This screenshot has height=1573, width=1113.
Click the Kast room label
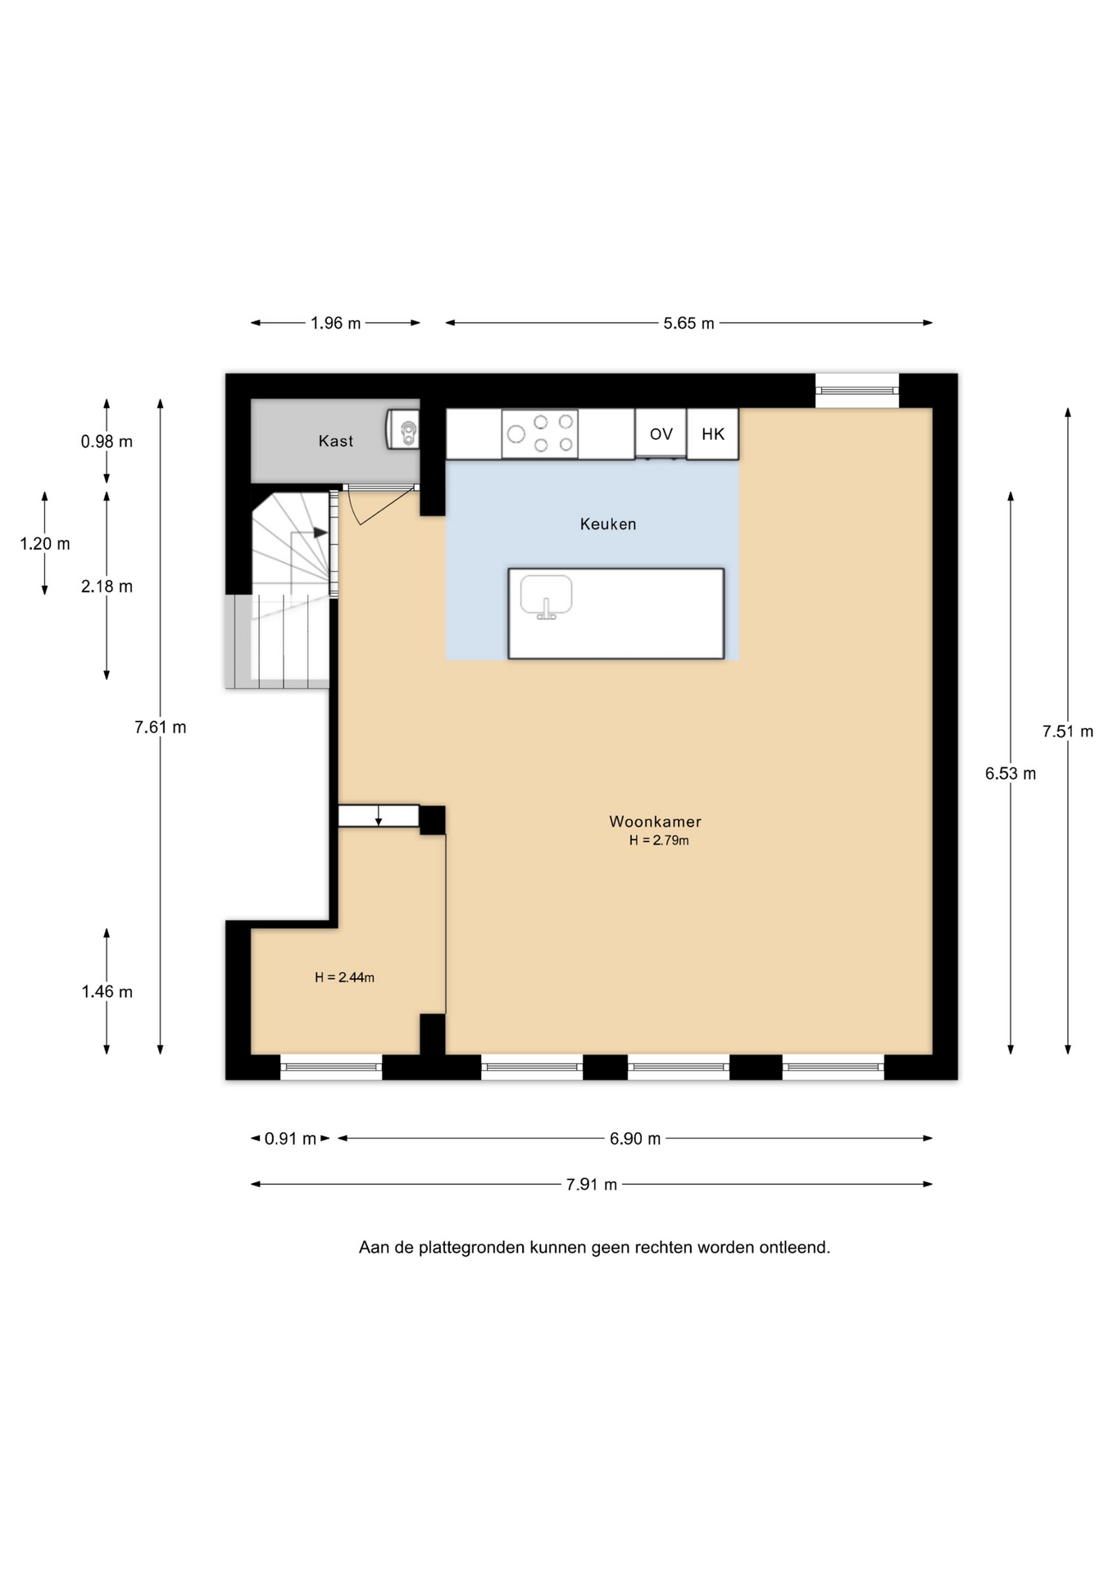tap(335, 441)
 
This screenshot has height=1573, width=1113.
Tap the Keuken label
tap(608, 524)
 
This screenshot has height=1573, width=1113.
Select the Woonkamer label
tap(655, 822)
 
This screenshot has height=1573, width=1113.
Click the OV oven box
tap(661, 433)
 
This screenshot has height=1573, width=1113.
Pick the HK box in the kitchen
tap(712, 433)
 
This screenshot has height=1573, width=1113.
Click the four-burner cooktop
tap(540, 433)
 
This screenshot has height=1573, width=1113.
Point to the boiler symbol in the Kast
tap(403, 430)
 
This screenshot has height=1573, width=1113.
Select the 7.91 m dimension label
tap(591, 1185)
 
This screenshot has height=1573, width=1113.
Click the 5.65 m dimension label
tap(688, 324)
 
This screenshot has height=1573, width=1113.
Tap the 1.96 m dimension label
tap(335, 324)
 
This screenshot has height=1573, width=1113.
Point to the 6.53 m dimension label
tap(1010, 773)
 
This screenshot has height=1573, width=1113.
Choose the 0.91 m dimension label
tap(290, 1139)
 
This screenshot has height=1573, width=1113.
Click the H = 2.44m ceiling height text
tap(344, 977)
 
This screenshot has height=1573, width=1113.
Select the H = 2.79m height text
tap(659, 841)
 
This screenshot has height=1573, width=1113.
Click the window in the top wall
tap(856, 390)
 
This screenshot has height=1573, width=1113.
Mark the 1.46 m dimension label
tap(107, 992)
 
